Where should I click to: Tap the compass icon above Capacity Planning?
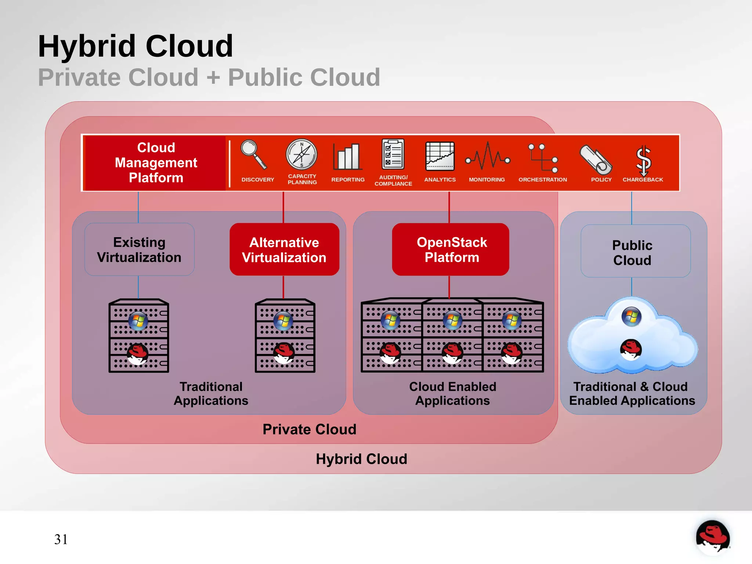coord(301,155)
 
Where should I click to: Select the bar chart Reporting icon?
coord(347,157)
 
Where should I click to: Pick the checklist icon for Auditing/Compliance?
coord(393,154)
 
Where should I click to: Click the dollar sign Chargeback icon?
coord(643,160)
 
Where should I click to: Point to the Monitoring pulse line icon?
coord(488,157)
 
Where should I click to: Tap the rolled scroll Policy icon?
coord(596,159)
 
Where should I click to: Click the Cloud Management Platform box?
coord(156,163)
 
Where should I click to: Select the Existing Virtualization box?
coord(139,250)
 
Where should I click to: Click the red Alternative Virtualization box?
coord(284,250)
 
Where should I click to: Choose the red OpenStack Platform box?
coord(451,250)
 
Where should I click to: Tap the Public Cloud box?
coord(632,252)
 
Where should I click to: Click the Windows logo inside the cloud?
coord(631,317)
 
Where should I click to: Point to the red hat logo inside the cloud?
coord(631,349)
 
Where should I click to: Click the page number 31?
coord(61,539)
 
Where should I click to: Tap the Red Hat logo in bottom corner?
coord(712,537)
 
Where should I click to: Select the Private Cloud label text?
coord(309,429)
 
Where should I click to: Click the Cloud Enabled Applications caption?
coord(452,393)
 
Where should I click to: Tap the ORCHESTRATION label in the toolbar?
coord(542,180)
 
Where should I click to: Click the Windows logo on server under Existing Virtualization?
coord(138,321)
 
